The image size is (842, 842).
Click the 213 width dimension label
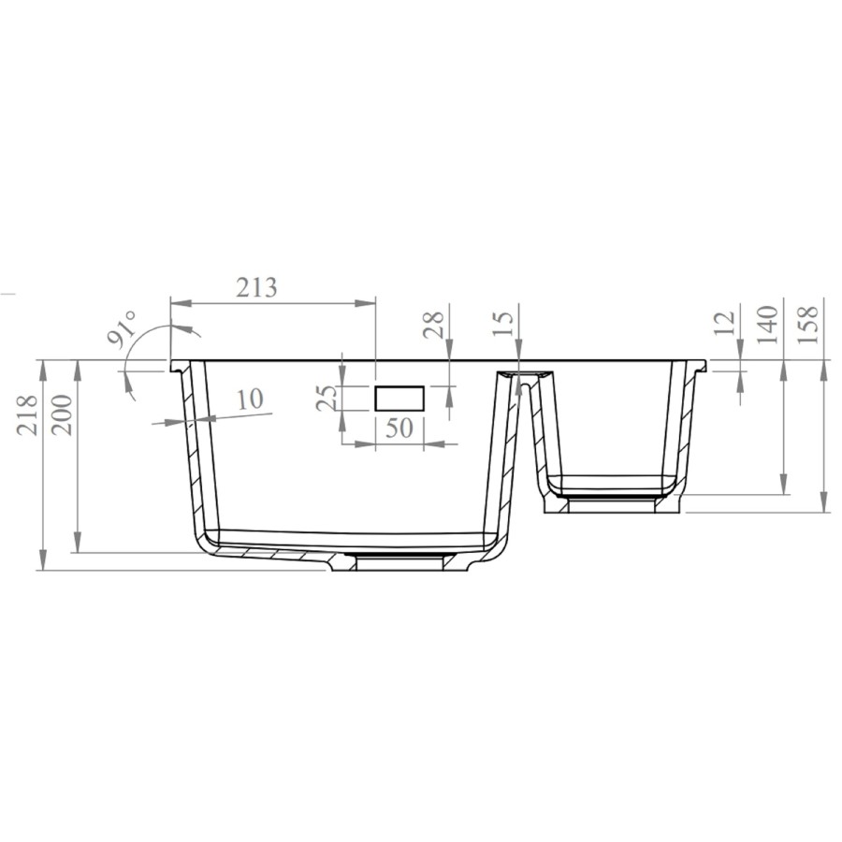256,287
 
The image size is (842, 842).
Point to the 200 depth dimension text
63,413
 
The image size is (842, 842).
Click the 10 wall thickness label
249,399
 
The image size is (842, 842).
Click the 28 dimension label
433,326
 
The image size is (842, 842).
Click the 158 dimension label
810,324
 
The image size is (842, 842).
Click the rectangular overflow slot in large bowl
399,398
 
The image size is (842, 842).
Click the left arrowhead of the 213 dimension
178,302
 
